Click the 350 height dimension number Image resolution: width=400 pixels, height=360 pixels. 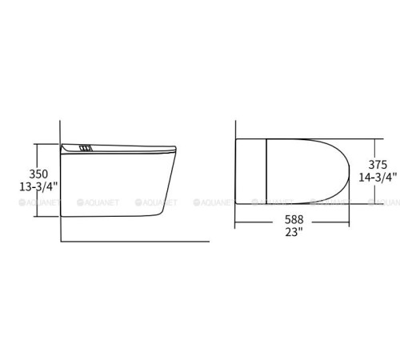click(x=38, y=174)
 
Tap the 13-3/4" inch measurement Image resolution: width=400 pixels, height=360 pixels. click(x=38, y=186)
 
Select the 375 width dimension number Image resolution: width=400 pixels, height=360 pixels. click(x=378, y=165)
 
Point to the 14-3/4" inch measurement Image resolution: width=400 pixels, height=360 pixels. click(x=378, y=178)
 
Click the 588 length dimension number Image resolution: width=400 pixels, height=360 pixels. click(x=294, y=219)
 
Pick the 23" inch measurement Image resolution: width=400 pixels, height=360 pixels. click(x=294, y=232)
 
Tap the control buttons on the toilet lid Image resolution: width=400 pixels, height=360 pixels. click(x=86, y=148)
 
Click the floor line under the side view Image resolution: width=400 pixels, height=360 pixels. click(x=135, y=242)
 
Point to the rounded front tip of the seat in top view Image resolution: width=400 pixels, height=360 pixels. click(x=349, y=171)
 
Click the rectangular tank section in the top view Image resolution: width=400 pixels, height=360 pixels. click(x=251, y=171)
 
